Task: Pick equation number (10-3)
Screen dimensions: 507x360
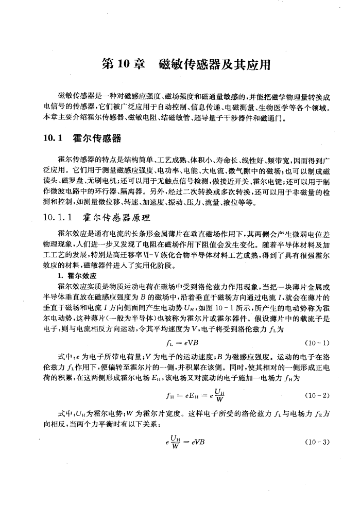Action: pyautogui.click(x=316, y=443)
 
